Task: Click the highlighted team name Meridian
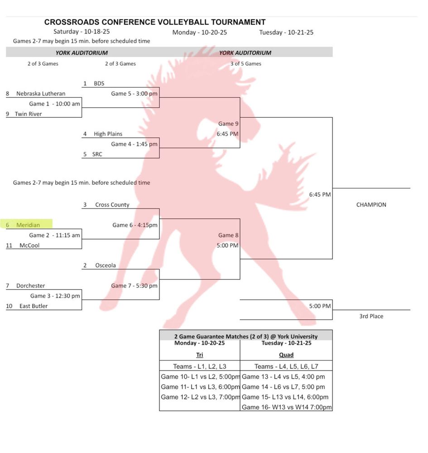tap(28, 225)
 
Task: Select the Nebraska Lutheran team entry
tap(41, 94)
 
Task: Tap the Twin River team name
tap(28, 114)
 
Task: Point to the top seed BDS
tap(99, 84)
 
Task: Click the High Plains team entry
tap(108, 134)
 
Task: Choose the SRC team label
tap(97, 154)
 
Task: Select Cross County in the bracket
tap(112, 205)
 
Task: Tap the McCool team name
tap(30, 246)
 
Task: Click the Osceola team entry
tap(106, 265)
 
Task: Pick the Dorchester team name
tap(30, 286)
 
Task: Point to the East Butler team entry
tap(34, 306)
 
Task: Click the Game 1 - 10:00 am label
tap(54, 104)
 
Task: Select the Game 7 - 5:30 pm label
tap(134, 286)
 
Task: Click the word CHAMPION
tap(371, 205)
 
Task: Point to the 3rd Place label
tap(371, 316)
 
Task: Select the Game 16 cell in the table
tap(286, 407)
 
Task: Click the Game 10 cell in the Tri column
tap(200, 376)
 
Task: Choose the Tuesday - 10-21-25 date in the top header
tap(286, 33)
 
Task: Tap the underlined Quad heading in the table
tap(286, 355)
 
